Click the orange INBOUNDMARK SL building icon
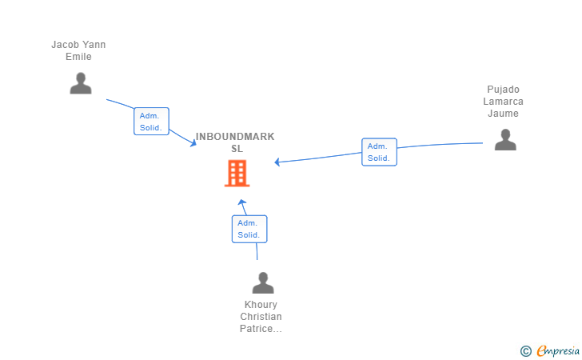click(x=237, y=173)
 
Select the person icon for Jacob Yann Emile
click(x=81, y=83)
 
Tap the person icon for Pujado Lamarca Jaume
click(x=504, y=139)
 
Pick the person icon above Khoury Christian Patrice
click(x=262, y=282)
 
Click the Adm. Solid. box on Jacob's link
click(x=151, y=121)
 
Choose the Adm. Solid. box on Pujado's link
click(x=379, y=152)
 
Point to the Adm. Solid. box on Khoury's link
click(x=249, y=229)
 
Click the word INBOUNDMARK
click(x=235, y=137)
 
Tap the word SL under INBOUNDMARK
click(x=237, y=149)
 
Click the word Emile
click(x=78, y=57)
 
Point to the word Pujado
click(x=503, y=90)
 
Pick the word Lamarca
click(x=503, y=102)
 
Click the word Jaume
click(x=503, y=114)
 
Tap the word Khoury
click(x=261, y=305)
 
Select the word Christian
click(x=261, y=317)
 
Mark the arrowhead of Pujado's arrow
click(x=277, y=162)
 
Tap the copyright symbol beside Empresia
click(x=525, y=350)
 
